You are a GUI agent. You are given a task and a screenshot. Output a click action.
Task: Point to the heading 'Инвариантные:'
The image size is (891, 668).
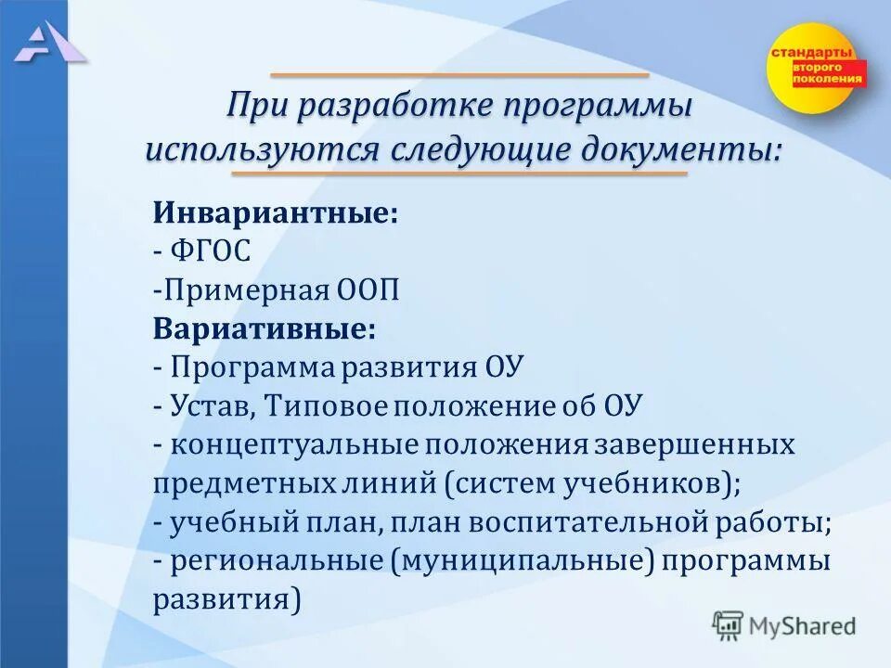pyautogui.click(x=276, y=213)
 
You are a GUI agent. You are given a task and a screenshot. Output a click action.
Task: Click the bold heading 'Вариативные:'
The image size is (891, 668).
pyautogui.click(x=265, y=329)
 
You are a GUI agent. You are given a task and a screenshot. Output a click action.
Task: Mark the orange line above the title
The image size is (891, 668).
pyautogui.click(x=458, y=74)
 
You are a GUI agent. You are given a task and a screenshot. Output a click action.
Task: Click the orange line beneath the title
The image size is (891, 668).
pyautogui.click(x=458, y=173)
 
